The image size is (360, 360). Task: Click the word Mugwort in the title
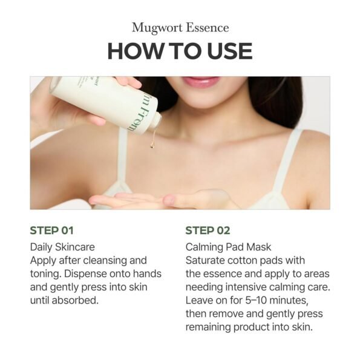157,28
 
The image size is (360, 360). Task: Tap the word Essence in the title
208,28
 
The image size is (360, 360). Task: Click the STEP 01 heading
51,231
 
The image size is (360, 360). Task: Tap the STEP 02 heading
208,231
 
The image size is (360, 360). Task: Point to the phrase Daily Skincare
62,247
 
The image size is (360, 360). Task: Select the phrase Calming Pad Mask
228,247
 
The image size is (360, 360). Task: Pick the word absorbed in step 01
75,300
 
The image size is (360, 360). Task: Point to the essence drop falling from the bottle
152,145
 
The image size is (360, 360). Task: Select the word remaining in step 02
208,327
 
